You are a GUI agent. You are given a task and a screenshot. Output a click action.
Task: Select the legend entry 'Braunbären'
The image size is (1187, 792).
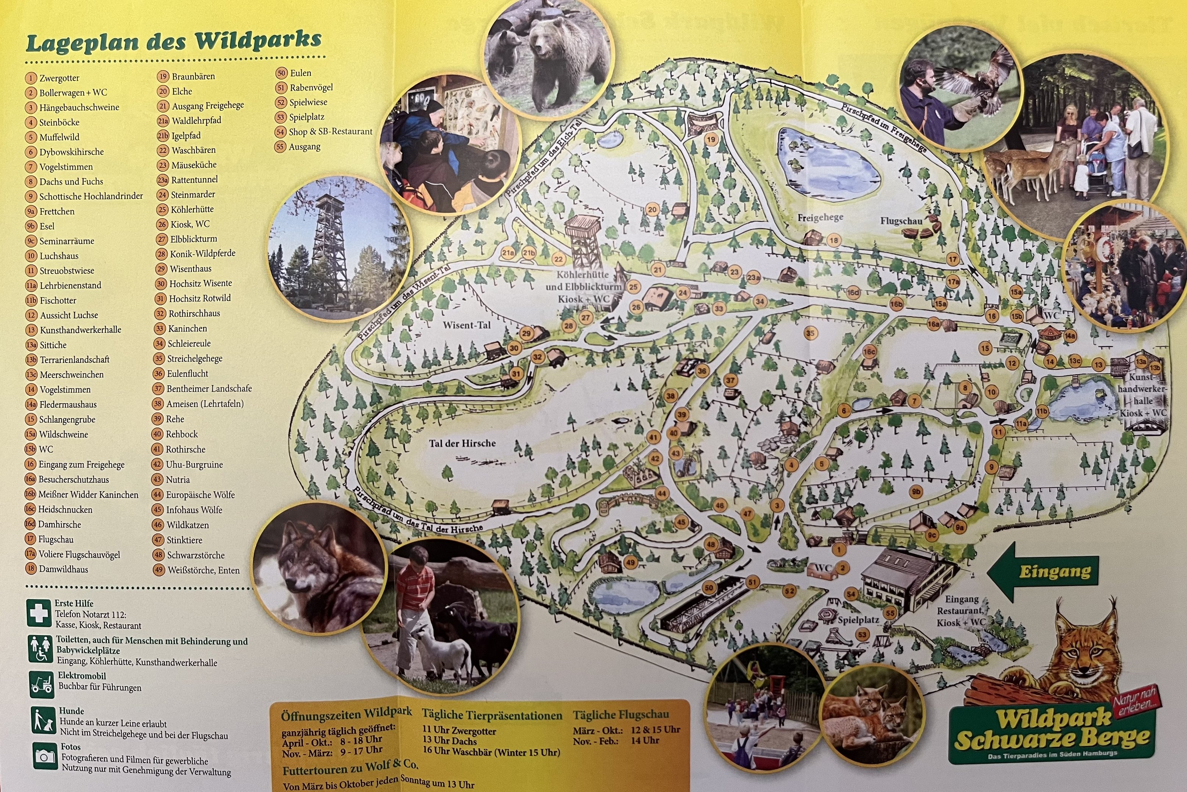coord(193,77)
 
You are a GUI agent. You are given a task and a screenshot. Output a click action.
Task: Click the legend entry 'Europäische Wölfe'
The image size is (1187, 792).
coord(200,495)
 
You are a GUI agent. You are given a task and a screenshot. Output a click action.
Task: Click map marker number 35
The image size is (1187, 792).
coord(810,333)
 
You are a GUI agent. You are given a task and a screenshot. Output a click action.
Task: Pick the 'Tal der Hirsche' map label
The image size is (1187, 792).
coord(462,443)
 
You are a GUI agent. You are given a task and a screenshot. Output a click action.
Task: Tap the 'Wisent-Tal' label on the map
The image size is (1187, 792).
coord(466,325)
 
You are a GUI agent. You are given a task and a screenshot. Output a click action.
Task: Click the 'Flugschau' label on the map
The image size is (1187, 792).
coord(901,221)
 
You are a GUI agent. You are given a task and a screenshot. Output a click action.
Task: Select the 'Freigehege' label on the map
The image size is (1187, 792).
coord(820,218)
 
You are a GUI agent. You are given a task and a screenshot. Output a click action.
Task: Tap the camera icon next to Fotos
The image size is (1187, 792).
coord(44,756)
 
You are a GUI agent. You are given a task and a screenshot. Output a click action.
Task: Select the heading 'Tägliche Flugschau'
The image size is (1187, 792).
coord(620,715)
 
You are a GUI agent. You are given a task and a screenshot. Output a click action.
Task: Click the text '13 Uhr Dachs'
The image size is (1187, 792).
coord(449,741)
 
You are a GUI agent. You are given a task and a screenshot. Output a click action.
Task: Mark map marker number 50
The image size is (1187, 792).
coord(709,587)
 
